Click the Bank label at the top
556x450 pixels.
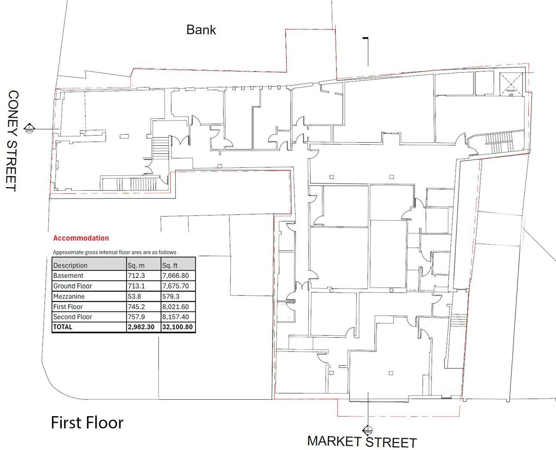[201, 30]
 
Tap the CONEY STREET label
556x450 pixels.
[13, 140]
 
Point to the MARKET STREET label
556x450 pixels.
[362, 441]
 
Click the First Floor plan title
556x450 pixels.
[87, 423]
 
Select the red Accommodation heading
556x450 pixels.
[81, 238]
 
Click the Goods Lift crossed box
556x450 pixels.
[511, 84]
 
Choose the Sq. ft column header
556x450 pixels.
[170, 265]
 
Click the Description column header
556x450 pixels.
[70, 265]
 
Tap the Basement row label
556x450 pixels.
[68, 276]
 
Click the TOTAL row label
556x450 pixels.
[63, 327]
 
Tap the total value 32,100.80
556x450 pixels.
[177, 327]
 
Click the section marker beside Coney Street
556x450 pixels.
[29, 128]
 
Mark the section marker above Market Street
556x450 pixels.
[368, 430]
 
